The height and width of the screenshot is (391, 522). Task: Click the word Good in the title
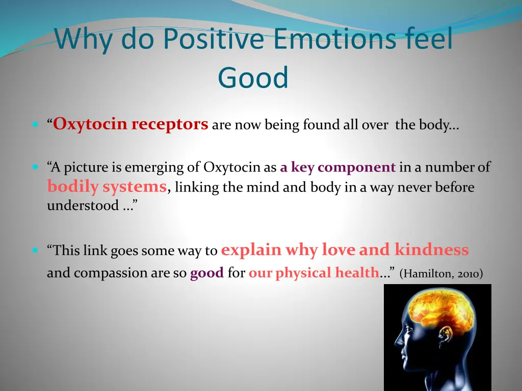coord(253,78)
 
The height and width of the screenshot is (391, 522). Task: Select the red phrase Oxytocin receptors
coord(131,124)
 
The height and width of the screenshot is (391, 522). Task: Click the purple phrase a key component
coord(338,167)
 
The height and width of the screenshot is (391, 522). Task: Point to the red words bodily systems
coord(107,187)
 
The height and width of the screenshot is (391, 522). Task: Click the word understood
coord(83,206)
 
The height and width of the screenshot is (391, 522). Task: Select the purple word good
coord(206,273)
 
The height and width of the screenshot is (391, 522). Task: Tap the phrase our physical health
coord(314,273)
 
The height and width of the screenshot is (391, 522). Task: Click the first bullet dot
coord(35,124)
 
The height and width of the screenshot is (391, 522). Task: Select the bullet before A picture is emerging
coord(35,166)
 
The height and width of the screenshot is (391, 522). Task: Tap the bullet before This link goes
coord(35,250)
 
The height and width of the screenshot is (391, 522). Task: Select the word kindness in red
coord(431,250)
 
